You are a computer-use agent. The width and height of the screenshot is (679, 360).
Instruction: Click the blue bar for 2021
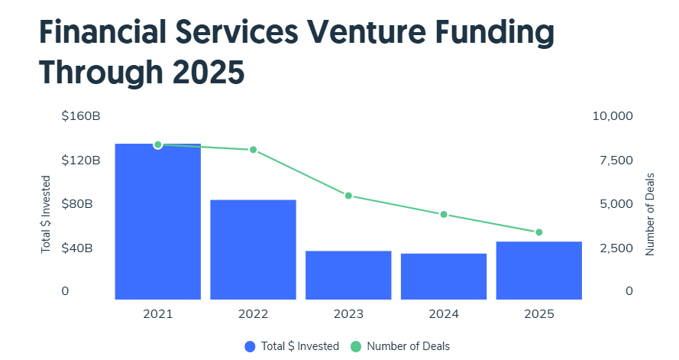[x=157, y=222]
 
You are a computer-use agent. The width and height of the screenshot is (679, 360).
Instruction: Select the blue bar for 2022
[x=253, y=249]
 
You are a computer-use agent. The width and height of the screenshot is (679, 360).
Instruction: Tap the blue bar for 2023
[x=348, y=275]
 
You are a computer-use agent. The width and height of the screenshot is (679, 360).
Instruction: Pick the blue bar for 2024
[x=444, y=276]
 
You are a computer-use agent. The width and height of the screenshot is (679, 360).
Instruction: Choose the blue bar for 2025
[x=538, y=271]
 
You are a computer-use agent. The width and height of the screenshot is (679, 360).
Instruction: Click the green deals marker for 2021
[x=157, y=144]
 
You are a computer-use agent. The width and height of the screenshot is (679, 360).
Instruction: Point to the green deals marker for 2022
[x=253, y=150]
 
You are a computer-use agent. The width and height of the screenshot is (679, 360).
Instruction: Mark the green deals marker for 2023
[x=348, y=196]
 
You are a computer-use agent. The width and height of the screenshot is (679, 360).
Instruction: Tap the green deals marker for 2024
[x=444, y=215]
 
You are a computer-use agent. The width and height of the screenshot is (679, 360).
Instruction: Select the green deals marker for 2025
[x=538, y=232]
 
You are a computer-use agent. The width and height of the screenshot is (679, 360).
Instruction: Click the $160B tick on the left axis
[x=81, y=116]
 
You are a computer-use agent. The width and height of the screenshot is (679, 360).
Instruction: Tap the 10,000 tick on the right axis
[x=613, y=116]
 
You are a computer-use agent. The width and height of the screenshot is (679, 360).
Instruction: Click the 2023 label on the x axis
[x=348, y=314]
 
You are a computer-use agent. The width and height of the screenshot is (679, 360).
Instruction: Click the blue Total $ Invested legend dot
[x=250, y=346]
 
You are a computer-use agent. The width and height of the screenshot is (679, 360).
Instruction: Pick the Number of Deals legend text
[x=408, y=346]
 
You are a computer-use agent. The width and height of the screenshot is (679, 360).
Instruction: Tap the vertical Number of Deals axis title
[x=651, y=214]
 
